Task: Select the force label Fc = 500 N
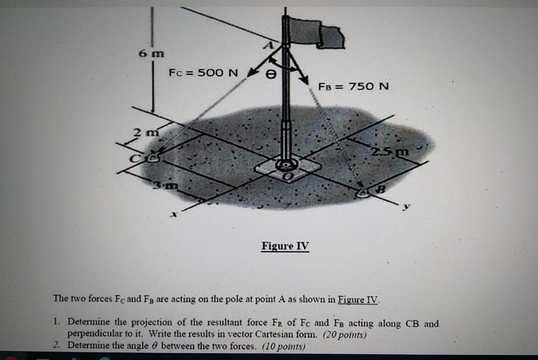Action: pos(203,72)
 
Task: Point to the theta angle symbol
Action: pos(273,77)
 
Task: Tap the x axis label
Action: pos(173,215)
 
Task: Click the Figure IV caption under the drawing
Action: pos(285,246)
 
